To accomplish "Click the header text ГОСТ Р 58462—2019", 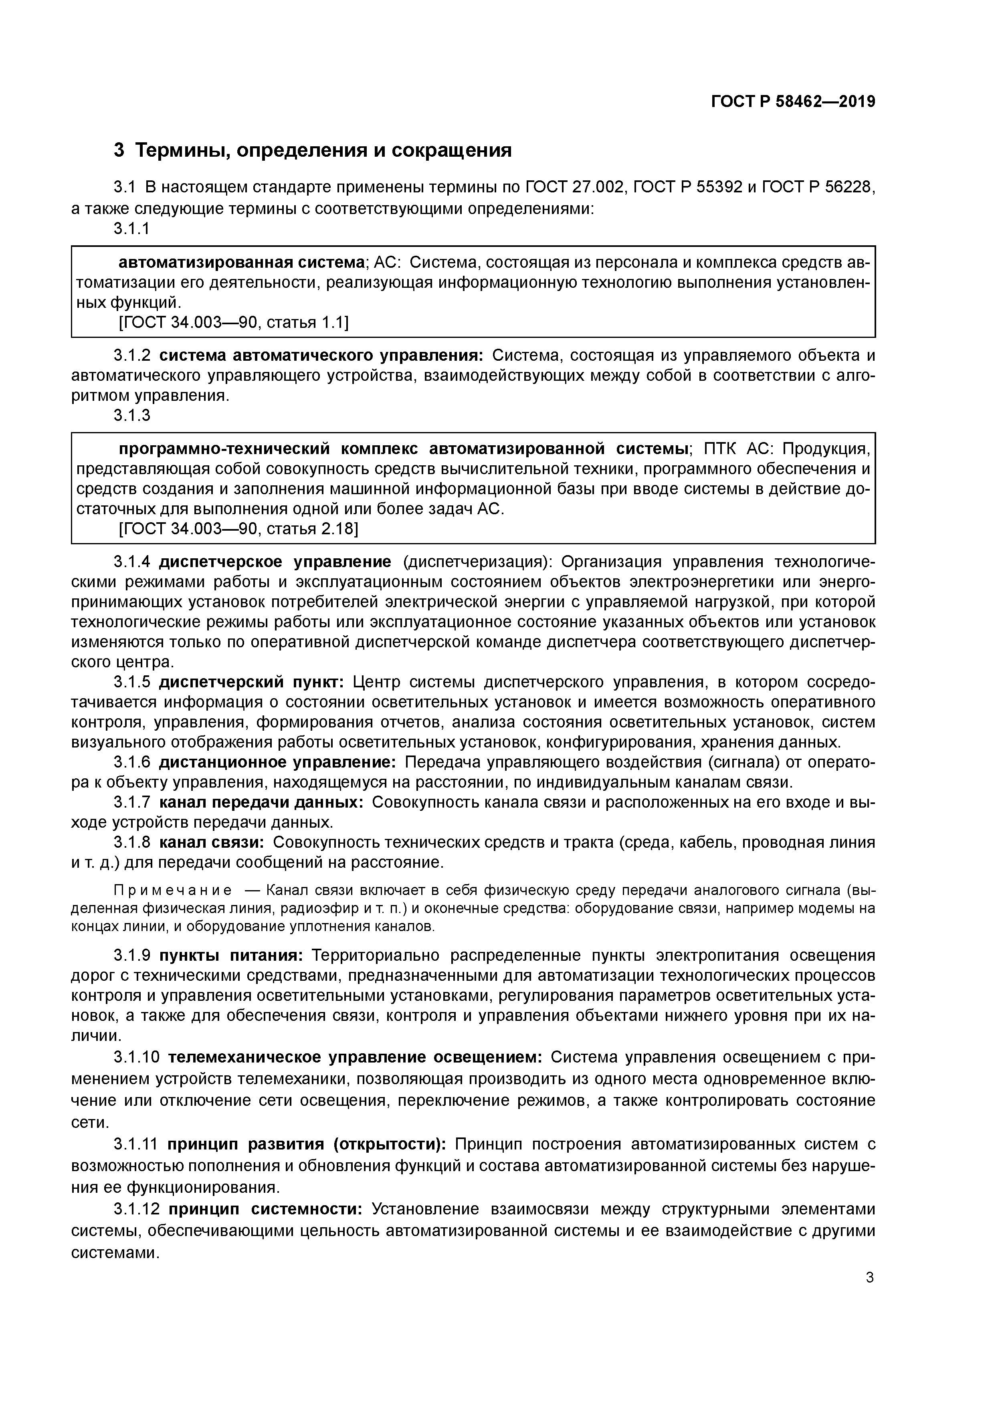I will pyautogui.click(x=792, y=102).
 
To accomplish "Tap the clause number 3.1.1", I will pyautogui.click(x=132, y=228).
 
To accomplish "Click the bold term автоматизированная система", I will pyautogui.click(x=241, y=263).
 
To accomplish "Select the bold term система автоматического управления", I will pyautogui.click(x=321, y=355).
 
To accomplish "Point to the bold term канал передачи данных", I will pyautogui.click(x=261, y=802).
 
